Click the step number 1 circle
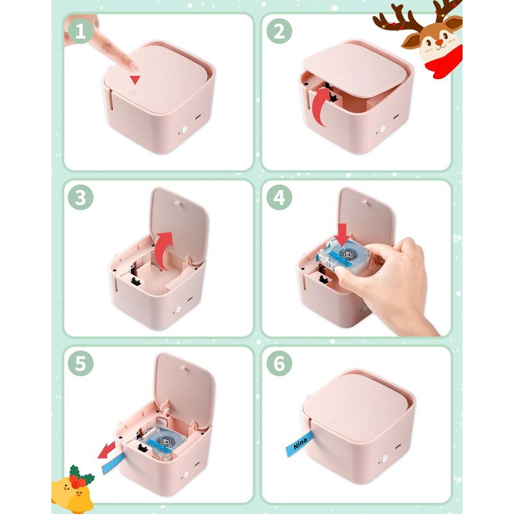pos(81,31)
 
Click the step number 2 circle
pos(279,31)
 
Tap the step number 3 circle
pos(81,197)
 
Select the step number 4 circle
pos(279,197)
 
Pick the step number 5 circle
pos(81,363)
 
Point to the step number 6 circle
pos(279,363)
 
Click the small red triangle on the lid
pos(135,80)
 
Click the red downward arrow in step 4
pos(342,235)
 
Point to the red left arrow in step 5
pos(107,450)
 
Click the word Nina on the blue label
pos(299,443)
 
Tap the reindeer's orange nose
pos(439,42)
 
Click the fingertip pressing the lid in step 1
pos(133,67)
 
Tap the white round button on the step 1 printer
pos(184,129)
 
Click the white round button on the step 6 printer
pos(384,459)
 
